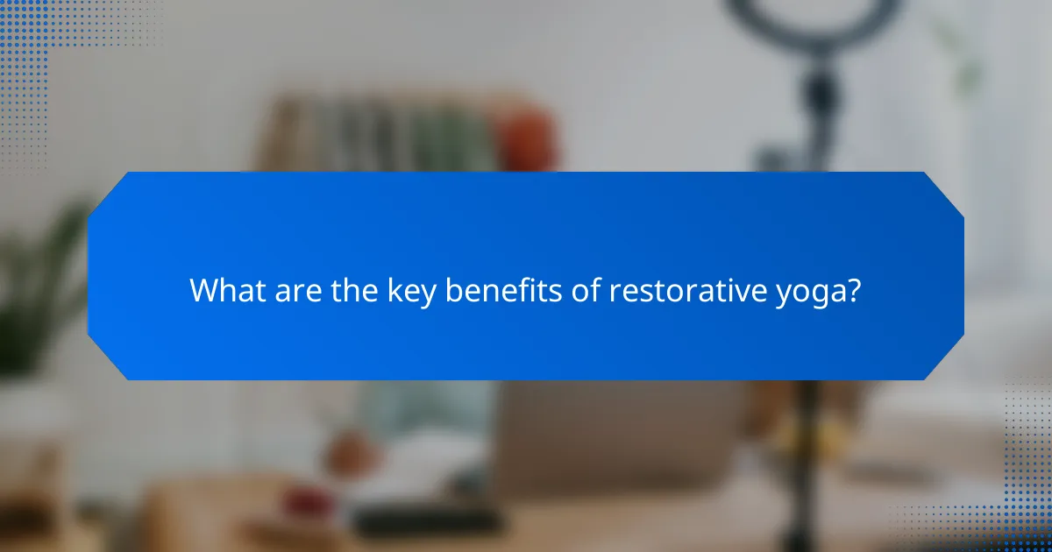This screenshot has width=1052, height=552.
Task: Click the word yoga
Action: click(x=807, y=294)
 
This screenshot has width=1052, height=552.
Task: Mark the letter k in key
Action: click(x=394, y=290)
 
